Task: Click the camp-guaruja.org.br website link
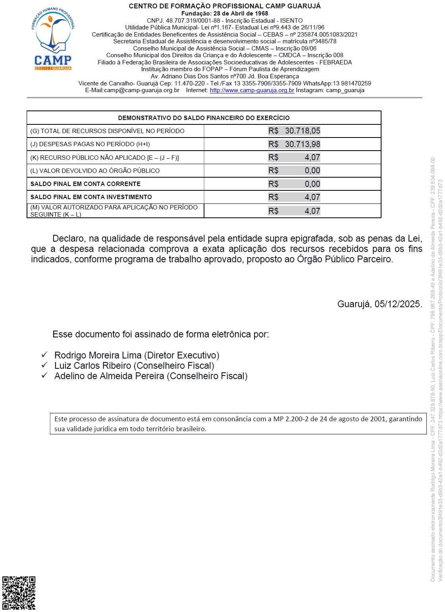252,90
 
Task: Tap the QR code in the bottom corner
19,593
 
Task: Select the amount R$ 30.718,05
294,131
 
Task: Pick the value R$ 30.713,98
294,144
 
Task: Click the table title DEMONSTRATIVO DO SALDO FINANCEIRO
204,118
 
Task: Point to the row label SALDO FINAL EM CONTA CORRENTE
85,184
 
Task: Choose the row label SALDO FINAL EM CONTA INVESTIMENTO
91,197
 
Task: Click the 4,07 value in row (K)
312,157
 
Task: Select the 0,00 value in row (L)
312,170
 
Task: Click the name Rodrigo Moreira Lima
98,355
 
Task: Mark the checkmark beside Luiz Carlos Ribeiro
44,365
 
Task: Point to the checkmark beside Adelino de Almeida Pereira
44,375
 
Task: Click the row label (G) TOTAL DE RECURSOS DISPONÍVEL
107,131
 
